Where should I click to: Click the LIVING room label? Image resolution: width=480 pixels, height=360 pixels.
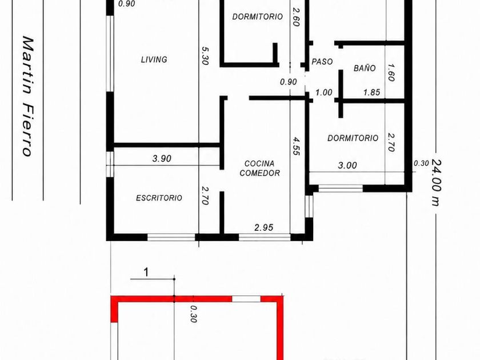pos(154,59)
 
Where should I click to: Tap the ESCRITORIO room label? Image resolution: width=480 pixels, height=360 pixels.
pos(159,198)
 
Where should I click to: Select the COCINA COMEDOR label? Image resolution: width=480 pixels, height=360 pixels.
pos(259,169)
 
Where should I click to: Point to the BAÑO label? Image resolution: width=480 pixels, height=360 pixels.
pos(365,67)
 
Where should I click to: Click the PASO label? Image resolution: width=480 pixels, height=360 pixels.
pos(322,62)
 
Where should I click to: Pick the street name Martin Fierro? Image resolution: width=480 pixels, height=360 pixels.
pos(27,96)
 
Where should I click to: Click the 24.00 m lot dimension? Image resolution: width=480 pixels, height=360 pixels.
pos(436,182)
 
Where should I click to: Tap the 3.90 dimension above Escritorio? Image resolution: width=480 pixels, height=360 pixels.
pos(162,159)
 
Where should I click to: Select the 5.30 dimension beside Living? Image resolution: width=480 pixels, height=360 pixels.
pos(205,55)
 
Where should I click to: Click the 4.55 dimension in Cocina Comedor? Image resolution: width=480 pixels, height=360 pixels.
pos(296,146)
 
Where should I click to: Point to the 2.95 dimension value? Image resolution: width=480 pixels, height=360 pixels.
pos(263,227)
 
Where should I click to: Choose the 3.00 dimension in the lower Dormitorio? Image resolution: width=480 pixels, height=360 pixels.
pos(347,165)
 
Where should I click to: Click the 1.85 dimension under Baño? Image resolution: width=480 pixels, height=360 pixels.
pos(371,92)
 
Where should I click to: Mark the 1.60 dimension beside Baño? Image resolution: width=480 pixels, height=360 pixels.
pos(391,72)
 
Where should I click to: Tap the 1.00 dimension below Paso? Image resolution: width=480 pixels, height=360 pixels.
pos(323,92)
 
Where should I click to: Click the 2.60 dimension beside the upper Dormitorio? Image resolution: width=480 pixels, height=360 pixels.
pos(295,17)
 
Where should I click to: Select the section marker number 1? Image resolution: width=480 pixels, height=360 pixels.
pos(146,272)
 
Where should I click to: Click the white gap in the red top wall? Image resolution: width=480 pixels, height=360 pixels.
pos(246,299)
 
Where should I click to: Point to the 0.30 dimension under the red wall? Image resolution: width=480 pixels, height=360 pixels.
pos(193,314)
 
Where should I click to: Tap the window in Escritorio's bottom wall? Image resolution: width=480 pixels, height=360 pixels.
pos(171,237)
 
